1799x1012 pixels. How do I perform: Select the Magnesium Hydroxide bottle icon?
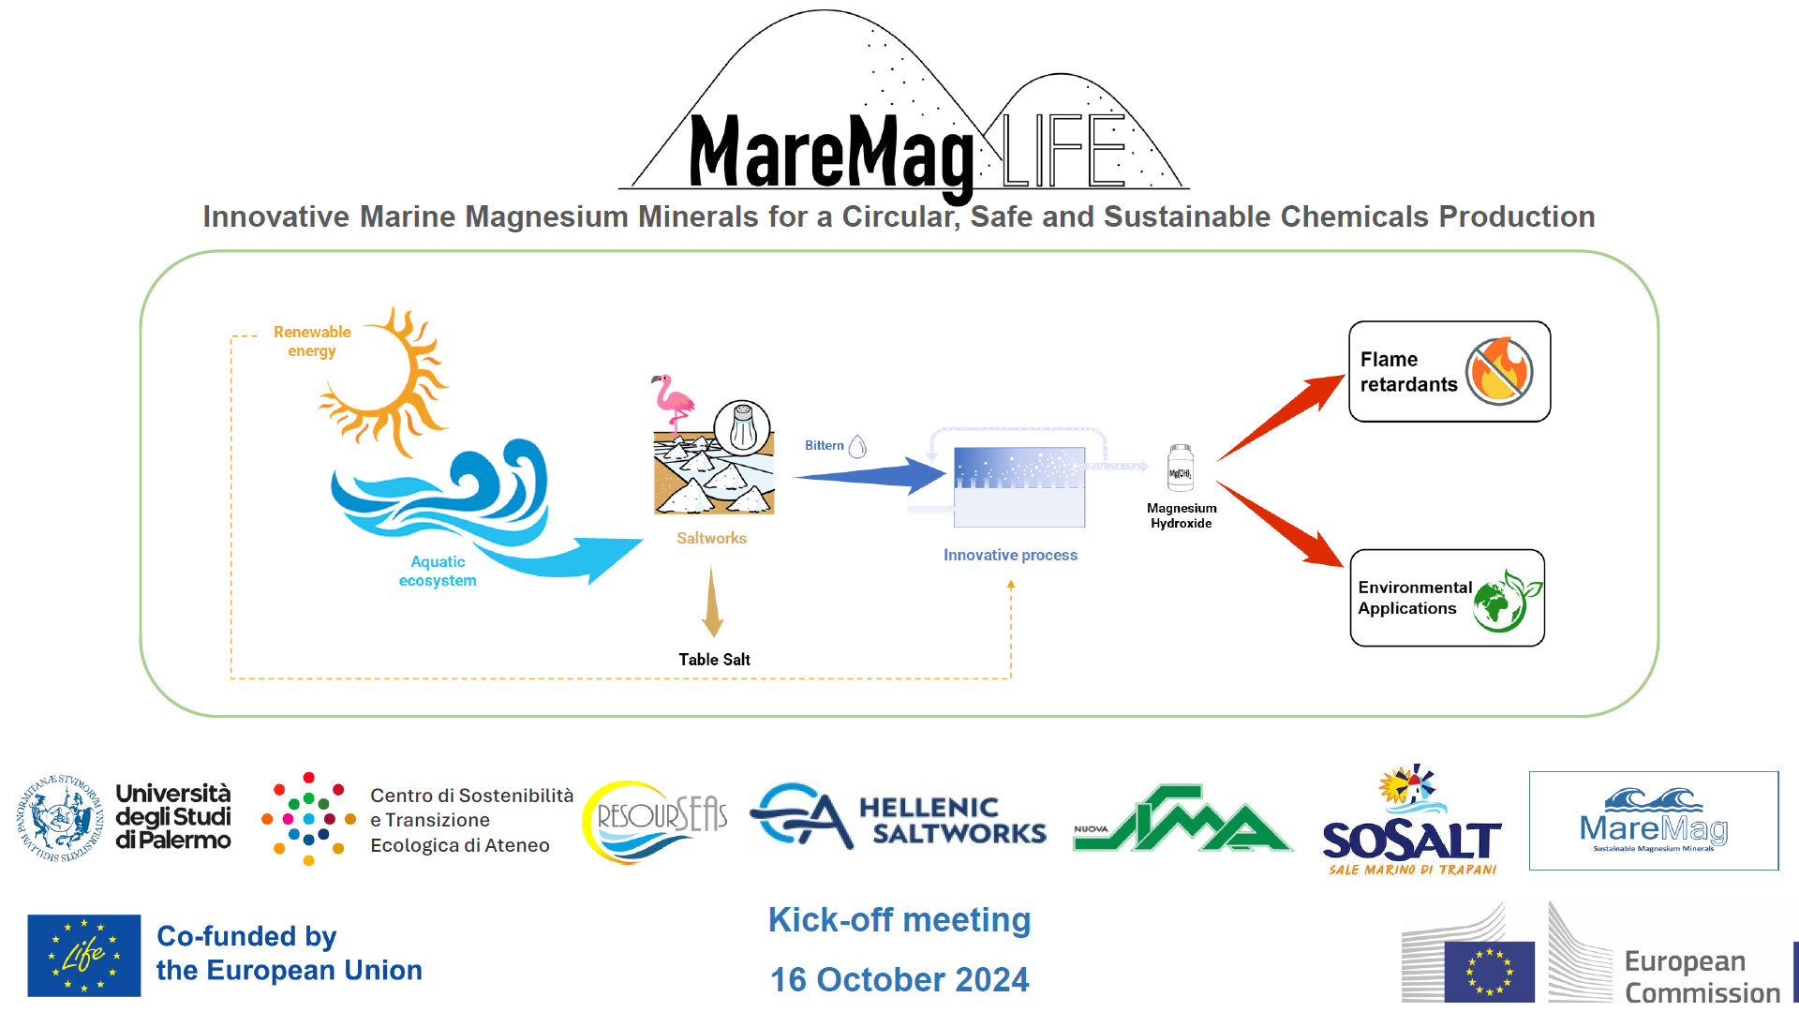[x=1181, y=468]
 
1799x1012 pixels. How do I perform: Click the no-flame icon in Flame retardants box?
[x=1499, y=372]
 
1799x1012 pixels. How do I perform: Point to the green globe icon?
[x=1505, y=602]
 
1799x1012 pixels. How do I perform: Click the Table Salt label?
[x=714, y=660]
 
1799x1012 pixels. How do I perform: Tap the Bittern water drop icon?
[x=857, y=446]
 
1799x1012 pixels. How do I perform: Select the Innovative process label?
[x=1010, y=555]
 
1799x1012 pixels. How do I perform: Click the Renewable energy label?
[x=312, y=341]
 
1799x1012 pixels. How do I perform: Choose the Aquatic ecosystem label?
[x=438, y=571]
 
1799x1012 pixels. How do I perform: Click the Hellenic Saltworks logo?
[x=899, y=817]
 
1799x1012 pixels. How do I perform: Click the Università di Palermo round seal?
[x=60, y=818]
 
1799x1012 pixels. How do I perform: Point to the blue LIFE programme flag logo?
[x=84, y=955]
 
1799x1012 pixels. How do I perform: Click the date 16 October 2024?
[x=899, y=980]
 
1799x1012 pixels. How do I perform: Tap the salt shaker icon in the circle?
[x=743, y=428]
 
